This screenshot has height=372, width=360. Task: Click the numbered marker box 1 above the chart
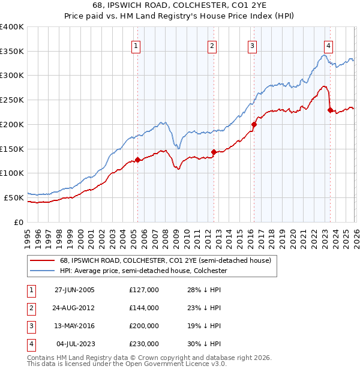point(136,46)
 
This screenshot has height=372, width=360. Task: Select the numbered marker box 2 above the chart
point(212,46)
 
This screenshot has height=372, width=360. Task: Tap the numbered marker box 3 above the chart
point(252,46)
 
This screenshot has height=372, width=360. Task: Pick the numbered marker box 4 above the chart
point(329,46)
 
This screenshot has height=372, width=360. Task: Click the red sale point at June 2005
point(137,160)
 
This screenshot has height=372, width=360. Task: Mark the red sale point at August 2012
point(214,152)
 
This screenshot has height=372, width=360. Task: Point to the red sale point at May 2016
point(253,125)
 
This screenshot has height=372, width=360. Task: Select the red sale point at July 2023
point(330,110)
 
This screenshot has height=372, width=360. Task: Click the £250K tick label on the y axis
point(12,100)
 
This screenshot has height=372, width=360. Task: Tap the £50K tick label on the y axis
point(14,197)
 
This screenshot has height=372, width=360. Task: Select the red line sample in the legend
point(43,261)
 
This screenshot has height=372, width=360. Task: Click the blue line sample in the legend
point(43,271)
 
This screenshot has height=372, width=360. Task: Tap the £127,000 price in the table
point(143,290)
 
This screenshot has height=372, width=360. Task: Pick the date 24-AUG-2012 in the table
point(74,308)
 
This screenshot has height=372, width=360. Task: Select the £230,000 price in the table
point(143,344)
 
